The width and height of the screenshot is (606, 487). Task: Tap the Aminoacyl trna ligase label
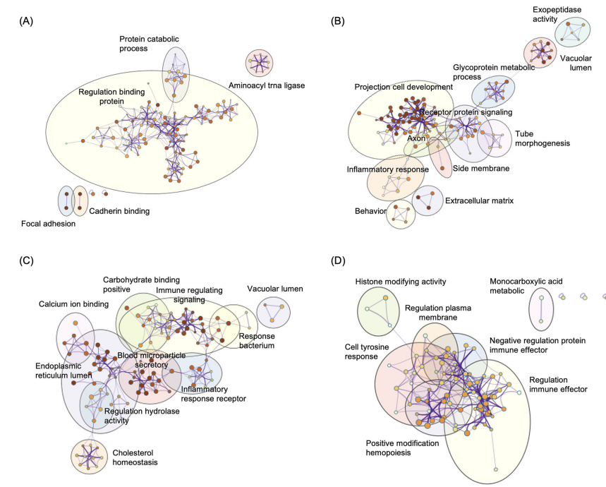pyautogui.click(x=266, y=85)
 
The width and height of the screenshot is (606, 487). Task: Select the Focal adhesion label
pyautogui.click(x=48, y=224)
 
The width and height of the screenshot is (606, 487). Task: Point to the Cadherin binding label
pyautogui.click(x=119, y=210)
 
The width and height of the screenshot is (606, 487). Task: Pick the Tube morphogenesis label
pyautogui.click(x=542, y=138)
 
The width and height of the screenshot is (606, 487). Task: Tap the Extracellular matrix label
pyautogui.click(x=479, y=201)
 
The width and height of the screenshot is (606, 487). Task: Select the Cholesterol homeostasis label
pyautogui.click(x=135, y=457)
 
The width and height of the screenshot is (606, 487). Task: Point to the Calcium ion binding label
pyautogui.click(x=74, y=304)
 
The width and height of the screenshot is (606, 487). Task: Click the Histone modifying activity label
pyautogui.click(x=401, y=282)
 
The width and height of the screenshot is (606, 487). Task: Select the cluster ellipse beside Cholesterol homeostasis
pyautogui.click(x=89, y=456)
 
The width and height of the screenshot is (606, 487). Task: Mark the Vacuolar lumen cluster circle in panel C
pyautogui.click(x=273, y=313)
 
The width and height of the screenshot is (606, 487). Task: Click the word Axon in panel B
pyautogui.click(x=416, y=138)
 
